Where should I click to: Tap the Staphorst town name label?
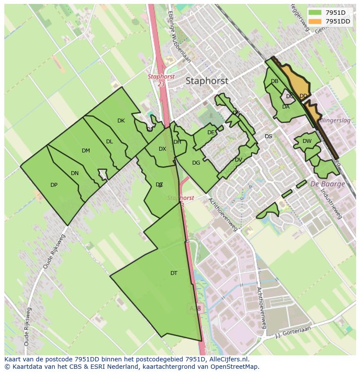pyautogui.click(x=207, y=81)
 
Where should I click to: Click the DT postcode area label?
pyautogui.click(x=174, y=273)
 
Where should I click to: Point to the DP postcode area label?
pyautogui.click(x=54, y=185)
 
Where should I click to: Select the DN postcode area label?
pyautogui.click(x=75, y=173)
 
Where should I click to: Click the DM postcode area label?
pyautogui.click(x=86, y=151)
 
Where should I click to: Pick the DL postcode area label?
pyautogui.click(x=110, y=142)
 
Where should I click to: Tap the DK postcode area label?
pyautogui.click(x=121, y=121)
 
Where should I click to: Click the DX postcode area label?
pyautogui.click(x=162, y=149)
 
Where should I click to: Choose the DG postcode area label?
pyautogui.click(x=196, y=163)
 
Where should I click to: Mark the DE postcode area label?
pyautogui.click(x=211, y=132)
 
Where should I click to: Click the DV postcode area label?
pyautogui.click(x=238, y=160)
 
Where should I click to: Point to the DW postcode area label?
pyautogui.click(x=307, y=141)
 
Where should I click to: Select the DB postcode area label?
pyautogui.click(x=274, y=81)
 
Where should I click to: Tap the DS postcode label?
pyautogui.click(x=268, y=136)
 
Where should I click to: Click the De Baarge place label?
pyautogui.click(x=327, y=184)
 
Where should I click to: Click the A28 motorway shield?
pyautogui.click(x=195, y=308)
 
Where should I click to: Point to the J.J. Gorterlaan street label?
pyautogui.click(x=294, y=332)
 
